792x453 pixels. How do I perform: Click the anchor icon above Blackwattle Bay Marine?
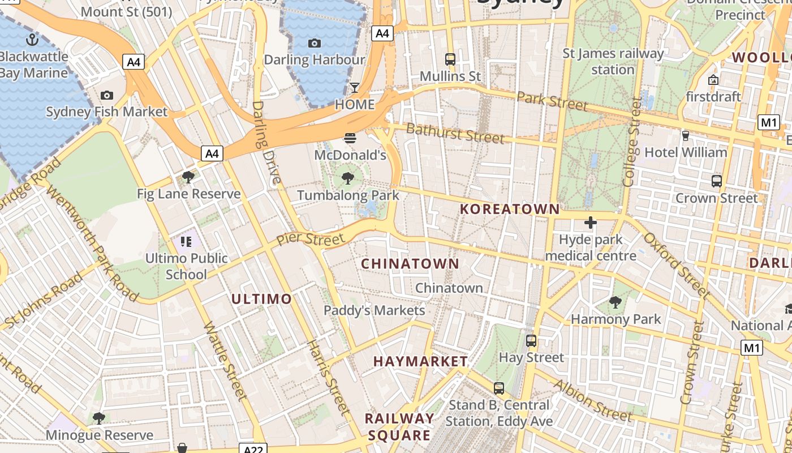point(32,40)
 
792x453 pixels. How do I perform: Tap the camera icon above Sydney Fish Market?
point(106,95)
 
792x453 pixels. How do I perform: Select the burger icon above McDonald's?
point(350,138)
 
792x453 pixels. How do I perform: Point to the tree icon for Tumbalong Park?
point(348,179)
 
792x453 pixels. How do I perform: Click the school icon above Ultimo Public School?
point(186,242)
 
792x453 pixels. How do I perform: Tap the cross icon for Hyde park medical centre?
point(590,223)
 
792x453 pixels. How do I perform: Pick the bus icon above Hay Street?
point(531,340)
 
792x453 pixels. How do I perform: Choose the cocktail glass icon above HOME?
point(355,88)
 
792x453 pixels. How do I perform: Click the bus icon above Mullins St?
point(450,59)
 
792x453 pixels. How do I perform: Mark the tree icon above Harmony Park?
point(615,302)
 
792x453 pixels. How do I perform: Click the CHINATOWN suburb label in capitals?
point(410,264)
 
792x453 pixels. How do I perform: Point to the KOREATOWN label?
point(510,209)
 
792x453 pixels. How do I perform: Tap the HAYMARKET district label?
point(420,361)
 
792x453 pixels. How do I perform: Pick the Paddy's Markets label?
point(374,310)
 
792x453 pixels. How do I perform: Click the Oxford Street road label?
point(676,264)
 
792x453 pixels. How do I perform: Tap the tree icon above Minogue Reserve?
point(99,418)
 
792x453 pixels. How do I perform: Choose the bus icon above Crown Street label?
point(716,181)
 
